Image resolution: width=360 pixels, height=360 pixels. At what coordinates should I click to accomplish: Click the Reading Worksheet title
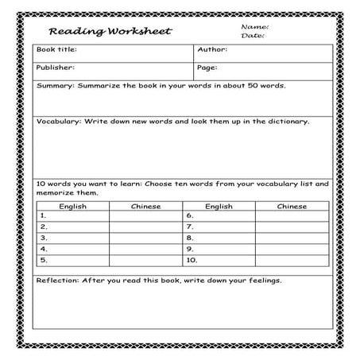click(x=109, y=33)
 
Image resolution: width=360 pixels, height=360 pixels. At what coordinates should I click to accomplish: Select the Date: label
click(x=252, y=36)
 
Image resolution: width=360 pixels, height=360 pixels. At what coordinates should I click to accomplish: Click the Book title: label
click(x=56, y=51)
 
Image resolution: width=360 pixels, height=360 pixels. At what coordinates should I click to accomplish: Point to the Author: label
click(x=213, y=51)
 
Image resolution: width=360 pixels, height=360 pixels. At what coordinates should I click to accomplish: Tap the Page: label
click(x=207, y=68)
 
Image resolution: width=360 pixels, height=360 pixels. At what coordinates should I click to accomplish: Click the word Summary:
click(x=55, y=86)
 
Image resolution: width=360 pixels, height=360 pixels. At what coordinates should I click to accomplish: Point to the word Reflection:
click(x=60, y=281)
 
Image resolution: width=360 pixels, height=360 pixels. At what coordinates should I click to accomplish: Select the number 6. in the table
click(x=190, y=215)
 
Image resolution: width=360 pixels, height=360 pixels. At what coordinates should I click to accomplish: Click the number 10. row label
click(x=192, y=260)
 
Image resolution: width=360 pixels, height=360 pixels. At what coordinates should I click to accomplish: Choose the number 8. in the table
click(x=190, y=238)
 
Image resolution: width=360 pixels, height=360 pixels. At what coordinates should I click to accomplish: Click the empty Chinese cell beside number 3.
click(x=145, y=238)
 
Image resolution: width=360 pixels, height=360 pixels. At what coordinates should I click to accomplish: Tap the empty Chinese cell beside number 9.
click(x=292, y=249)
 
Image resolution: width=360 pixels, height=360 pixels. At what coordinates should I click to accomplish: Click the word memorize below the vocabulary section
click(x=56, y=193)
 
